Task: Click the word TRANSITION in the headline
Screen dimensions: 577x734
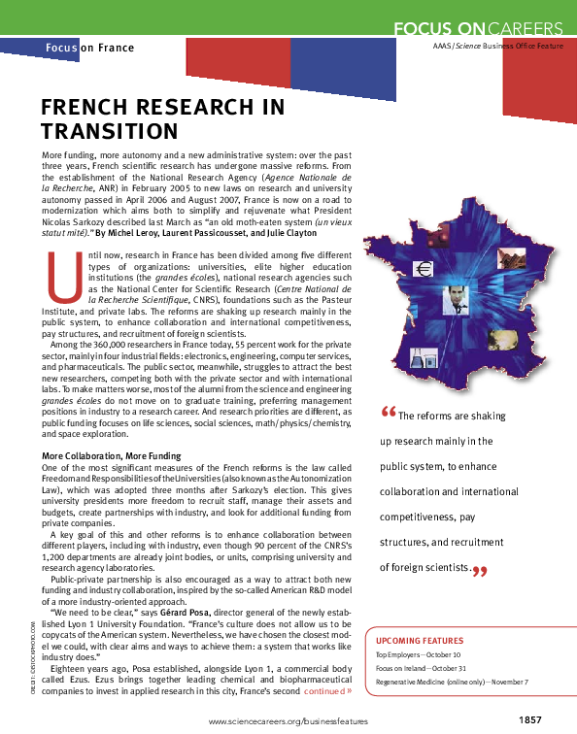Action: point(109,131)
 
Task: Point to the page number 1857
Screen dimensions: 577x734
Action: point(528,718)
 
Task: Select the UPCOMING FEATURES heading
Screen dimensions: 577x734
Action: point(420,642)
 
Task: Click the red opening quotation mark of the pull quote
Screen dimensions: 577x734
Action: point(389,415)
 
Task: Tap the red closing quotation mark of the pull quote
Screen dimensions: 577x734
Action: point(478,572)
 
